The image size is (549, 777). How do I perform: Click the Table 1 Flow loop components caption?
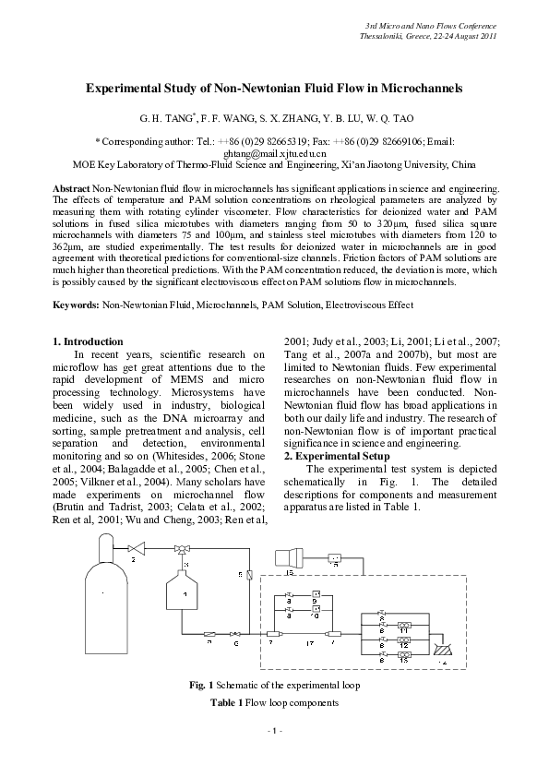[274, 703]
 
